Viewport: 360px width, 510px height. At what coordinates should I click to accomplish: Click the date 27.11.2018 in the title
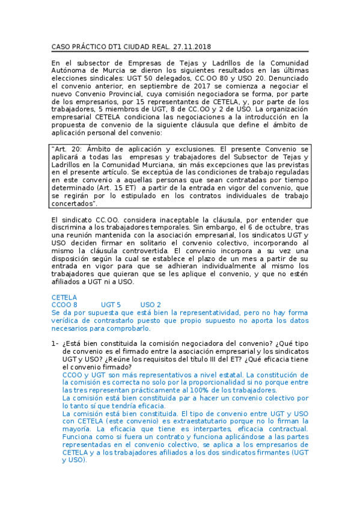coord(191,46)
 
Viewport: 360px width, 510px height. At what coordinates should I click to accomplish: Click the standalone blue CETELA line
coord(64,297)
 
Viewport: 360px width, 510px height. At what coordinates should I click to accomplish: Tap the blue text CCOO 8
coord(65,305)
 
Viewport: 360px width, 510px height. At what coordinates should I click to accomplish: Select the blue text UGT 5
coord(111,305)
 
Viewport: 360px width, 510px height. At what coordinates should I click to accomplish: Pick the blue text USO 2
coord(150,305)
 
